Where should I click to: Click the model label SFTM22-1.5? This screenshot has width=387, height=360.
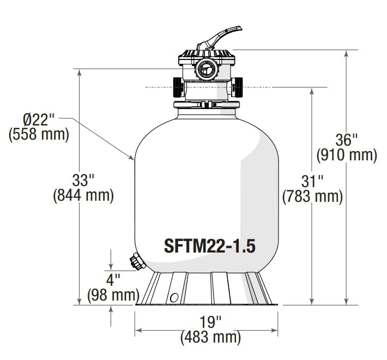point(209,245)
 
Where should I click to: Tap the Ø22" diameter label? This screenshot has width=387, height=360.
point(39,119)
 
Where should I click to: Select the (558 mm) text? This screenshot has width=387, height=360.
point(39,134)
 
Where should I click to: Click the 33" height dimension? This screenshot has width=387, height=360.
point(83,179)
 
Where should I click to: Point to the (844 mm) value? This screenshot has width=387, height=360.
point(83,195)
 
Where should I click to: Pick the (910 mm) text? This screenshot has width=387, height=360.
point(347,155)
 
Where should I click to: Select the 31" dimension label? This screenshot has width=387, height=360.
point(312,180)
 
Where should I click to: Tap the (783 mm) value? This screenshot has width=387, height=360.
point(312,196)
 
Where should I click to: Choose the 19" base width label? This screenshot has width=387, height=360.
point(210,321)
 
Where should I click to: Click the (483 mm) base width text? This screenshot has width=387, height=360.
point(210,337)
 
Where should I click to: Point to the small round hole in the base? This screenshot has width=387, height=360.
point(174,297)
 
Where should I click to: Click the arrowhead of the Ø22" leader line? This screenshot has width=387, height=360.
point(134,158)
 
